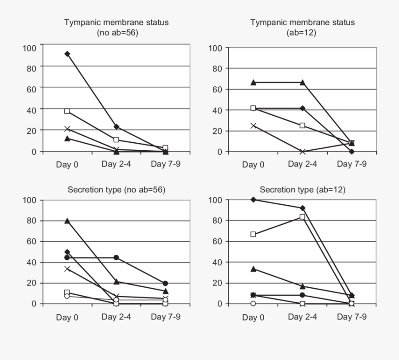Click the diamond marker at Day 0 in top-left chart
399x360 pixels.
67,54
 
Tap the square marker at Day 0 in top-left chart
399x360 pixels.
67,111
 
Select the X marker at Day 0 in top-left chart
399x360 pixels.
67,129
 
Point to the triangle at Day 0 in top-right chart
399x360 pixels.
254,82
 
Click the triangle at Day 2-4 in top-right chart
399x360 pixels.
303,82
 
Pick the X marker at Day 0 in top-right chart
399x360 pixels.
254,125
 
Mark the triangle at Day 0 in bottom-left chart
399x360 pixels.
67,221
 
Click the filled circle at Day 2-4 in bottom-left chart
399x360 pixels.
117,258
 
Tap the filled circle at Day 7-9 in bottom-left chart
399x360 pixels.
165,283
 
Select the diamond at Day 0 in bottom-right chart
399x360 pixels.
254,200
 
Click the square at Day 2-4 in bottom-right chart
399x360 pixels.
303,217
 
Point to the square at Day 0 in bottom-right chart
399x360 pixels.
254,234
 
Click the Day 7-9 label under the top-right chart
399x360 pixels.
352,164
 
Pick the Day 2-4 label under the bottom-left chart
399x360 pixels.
116,317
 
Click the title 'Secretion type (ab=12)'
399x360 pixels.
303,190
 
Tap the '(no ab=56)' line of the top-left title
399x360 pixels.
117,32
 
